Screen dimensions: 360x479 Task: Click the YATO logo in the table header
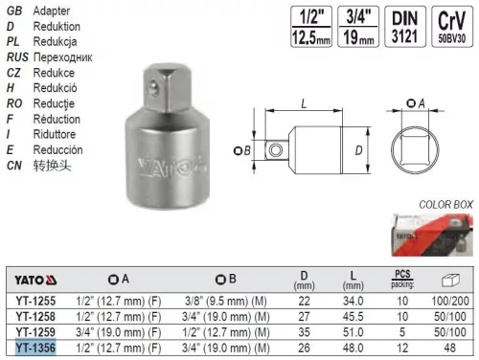tap(33, 281)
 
